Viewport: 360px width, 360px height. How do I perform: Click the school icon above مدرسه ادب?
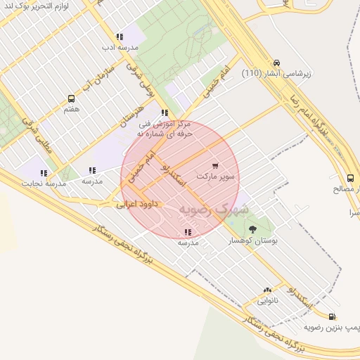point(120,37)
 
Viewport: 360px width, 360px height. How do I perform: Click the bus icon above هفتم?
point(71,99)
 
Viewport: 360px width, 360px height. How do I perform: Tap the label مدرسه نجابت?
point(44,184)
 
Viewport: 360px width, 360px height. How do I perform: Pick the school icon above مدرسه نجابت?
point(44,173)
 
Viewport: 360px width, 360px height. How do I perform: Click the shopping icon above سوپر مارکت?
point(214,166)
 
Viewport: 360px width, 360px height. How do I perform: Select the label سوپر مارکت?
point(218,176)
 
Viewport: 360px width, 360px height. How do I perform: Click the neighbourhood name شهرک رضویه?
point(214,209)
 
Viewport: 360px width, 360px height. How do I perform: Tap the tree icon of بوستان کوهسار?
point(252,229)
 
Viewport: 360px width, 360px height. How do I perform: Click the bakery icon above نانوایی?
point(267,290)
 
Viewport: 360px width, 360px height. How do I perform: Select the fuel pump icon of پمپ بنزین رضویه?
point(332,317)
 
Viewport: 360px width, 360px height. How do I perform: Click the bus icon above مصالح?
point(350,178)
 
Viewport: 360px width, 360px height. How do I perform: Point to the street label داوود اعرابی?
point(139,205)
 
